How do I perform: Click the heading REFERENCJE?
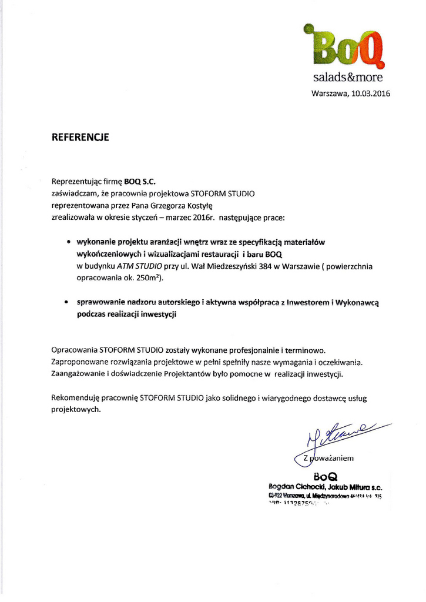80,138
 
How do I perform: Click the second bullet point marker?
69,302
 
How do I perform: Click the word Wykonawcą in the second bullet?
358,302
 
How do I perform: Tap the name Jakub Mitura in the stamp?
346,487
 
